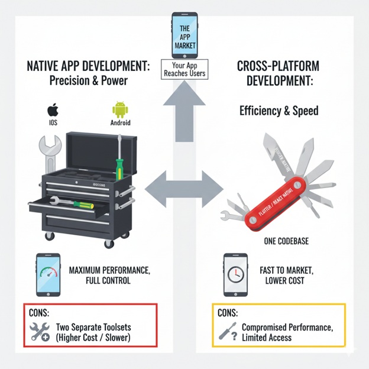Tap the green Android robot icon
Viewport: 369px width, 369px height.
coord(119,110)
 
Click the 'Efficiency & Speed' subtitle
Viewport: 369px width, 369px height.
coord(279,110)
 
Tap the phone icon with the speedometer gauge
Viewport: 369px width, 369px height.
coord(48,275)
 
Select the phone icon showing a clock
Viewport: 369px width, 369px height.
coord(236,275)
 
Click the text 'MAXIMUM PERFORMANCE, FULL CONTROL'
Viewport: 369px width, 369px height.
coord(109,275)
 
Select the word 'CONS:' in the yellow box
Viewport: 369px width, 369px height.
coord(229,313)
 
